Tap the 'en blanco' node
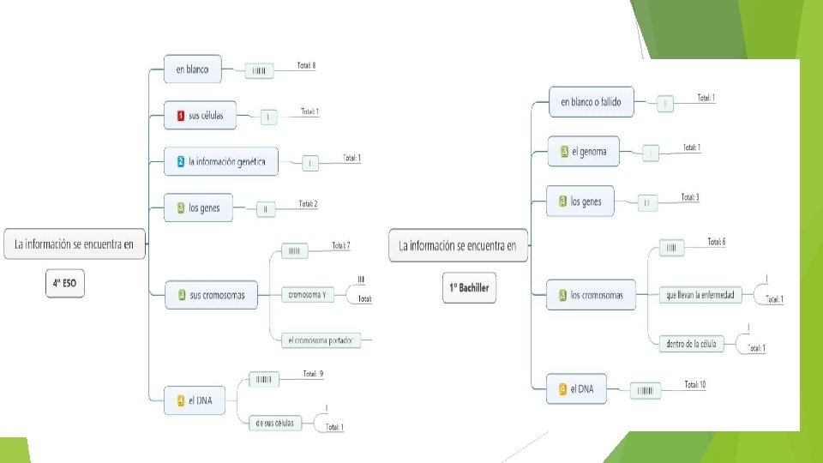[192, 69]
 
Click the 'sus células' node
[207, 115]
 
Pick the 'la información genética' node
[221, 161]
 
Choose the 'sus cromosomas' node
[212, 296]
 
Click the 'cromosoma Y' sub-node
[306, 295]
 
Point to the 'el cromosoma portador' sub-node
[321, 340]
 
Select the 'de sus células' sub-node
[274, 423]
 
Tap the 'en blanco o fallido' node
[591, 102]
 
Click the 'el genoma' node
[583, 152]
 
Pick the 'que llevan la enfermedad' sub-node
[700, 295]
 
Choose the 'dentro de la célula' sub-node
[690, 344]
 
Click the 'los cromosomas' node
[592, 295]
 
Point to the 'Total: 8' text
[307, 65]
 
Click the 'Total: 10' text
[695, 384]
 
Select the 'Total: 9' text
[312, 374]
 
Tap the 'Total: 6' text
[717, 242]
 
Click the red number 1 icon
[181, 115]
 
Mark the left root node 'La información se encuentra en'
[75, 244]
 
